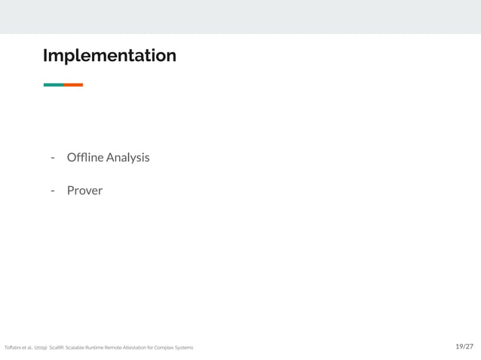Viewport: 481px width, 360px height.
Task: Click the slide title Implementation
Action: pyautogui.click(x=109, y=56)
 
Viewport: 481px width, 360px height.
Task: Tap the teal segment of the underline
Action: pyautogui.click(x=53, y=85)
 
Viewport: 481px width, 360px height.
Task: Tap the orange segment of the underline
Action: pyautogui.click(x=73, y=85)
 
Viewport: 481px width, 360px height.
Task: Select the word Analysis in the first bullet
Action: pyautogui.click(x=128, y=157)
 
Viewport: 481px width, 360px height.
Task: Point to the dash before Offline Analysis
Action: pyautogui.click(x=53, y=158)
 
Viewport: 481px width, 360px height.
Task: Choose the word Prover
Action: pyautogui.click(x=84, y=191)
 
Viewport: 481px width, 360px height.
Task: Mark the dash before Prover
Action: pyautogui.click(x=53, y=191)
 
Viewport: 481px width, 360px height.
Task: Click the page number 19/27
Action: pyautogui.click(x=464, y=346)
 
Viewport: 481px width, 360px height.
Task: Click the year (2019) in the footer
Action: pyautogui.click(x=41, y=348)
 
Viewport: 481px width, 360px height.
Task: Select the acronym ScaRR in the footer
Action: pyautogui.click(x=57, y=348)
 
